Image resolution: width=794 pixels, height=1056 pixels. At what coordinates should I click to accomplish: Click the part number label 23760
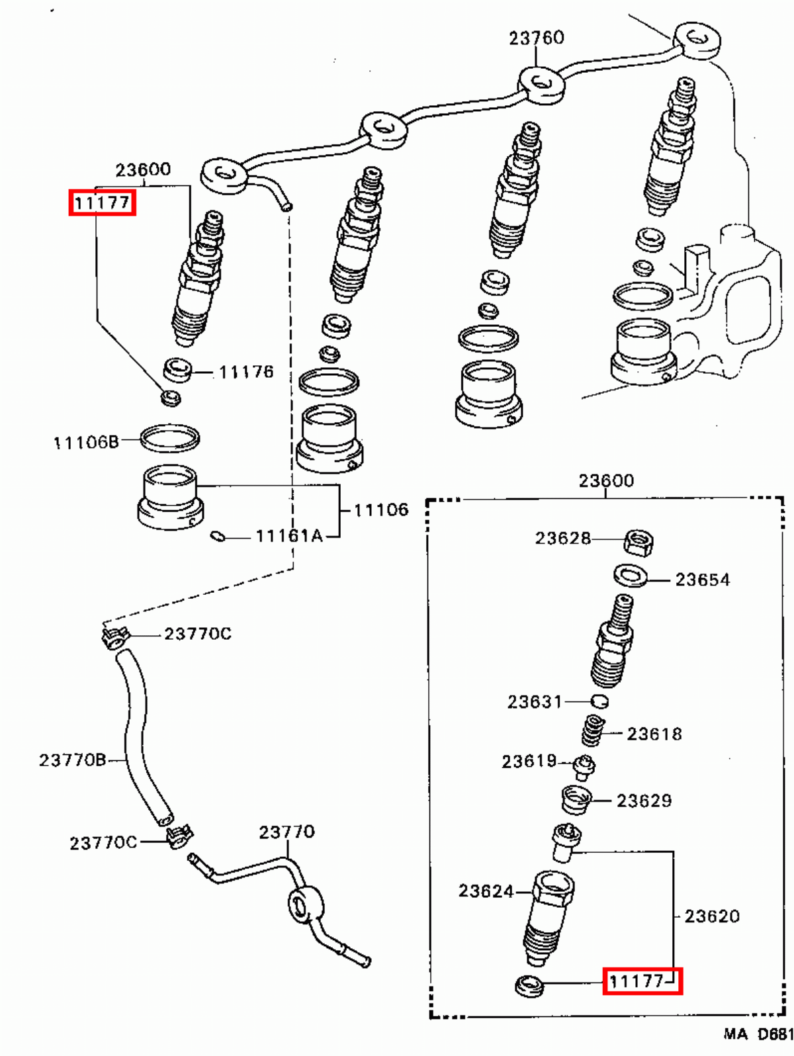tap(536, 38)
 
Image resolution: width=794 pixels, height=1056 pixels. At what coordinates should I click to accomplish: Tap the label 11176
tap(246, 372)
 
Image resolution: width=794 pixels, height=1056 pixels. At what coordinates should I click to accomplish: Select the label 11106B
tap(86, 442)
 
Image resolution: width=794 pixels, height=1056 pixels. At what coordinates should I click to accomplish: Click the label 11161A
tap(289, 536)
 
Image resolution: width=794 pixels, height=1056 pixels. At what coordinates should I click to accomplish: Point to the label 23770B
tap(72, 760)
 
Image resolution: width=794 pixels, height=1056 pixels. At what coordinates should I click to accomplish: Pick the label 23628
tap(563, 538)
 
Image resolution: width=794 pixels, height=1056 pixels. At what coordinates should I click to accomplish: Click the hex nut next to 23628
tap(639, 543)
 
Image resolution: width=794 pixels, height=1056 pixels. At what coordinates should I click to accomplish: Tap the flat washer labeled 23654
tap(631, 576)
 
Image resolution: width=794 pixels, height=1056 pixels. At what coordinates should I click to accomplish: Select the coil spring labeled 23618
tap(594, 730)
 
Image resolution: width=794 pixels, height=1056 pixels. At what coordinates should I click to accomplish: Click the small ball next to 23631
tap(599, 701)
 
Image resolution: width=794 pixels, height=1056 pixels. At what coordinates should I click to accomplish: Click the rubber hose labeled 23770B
tap(136, 734)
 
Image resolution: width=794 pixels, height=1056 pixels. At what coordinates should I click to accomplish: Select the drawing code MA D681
tap(758, 1034)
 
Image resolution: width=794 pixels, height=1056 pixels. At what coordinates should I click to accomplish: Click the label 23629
tap(644, 801)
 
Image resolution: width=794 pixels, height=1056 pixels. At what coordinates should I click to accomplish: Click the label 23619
tap(529, 761)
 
